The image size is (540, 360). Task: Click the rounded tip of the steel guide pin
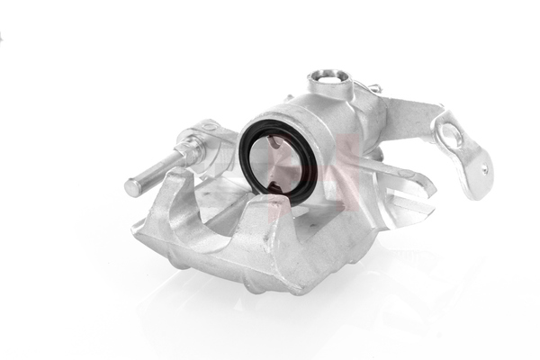[x=132, y=187]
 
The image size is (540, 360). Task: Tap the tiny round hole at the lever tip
[x=483, y=168]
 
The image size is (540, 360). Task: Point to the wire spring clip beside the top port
[x=367, y=86]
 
